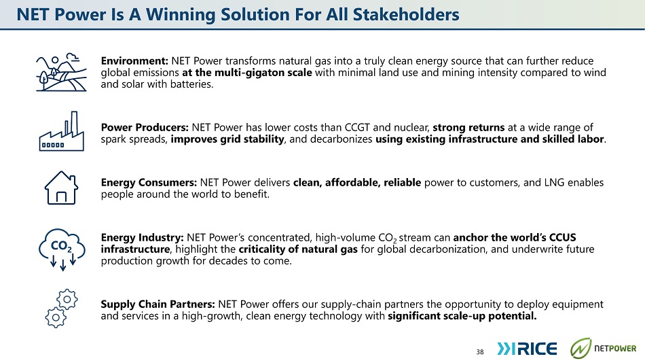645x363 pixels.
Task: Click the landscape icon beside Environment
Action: [61, 73]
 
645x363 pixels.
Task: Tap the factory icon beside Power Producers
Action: [61, 131]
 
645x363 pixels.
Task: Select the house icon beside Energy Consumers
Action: [61, 188]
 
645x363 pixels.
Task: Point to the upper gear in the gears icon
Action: [67, 299]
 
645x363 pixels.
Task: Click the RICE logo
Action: [527, 349]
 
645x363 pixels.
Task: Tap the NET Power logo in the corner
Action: [603, 348]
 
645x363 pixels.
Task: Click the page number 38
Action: [480, 352]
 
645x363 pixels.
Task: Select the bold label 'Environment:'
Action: [134, 61]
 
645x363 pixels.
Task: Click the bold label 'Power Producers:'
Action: [145, 127]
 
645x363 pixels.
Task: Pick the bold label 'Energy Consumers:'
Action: [149, 183]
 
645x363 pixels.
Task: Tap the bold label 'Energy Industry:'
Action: [143, 238]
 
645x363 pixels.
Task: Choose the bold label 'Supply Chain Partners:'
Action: [158, 305]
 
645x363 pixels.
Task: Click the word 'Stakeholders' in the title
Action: [406, 14]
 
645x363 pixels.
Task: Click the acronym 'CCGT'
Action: [357, 127]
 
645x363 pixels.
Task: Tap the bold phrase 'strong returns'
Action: [468, 127]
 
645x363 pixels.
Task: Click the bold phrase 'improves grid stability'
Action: [227, 139]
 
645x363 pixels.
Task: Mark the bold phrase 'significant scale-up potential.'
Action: [462, 316]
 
